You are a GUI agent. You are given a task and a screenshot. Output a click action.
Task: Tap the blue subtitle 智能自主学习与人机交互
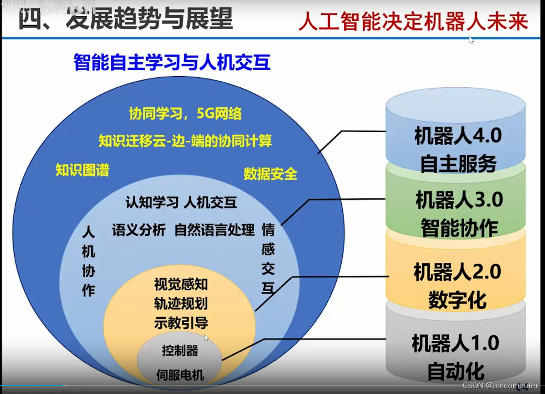172,62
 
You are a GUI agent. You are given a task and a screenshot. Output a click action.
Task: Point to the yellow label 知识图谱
82,170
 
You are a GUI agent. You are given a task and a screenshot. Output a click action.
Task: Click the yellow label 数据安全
270,174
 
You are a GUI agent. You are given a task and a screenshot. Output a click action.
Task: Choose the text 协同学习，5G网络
185,114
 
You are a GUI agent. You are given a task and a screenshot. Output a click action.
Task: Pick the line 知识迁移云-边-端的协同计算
185,141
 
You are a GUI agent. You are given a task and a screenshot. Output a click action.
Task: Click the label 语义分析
139,230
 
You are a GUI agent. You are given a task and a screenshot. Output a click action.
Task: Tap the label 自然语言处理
214,230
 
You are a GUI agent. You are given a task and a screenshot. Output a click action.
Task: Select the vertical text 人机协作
88,261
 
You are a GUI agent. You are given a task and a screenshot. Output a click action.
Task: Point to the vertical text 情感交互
268,259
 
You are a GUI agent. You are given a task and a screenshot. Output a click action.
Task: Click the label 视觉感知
181,285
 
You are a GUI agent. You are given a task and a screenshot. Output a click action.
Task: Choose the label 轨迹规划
181,304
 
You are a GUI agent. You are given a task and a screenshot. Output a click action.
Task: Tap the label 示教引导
181,323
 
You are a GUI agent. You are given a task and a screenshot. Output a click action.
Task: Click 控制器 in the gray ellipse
180,351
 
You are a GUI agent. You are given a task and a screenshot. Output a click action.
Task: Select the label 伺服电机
180,375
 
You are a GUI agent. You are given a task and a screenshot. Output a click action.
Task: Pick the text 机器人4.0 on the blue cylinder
458,136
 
